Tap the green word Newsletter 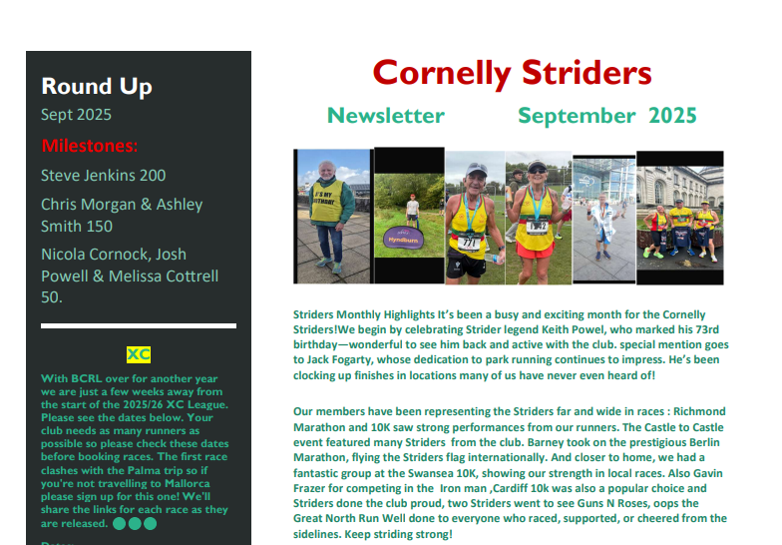[386, 116]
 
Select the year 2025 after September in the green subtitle [672, 116]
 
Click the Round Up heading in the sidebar [97, 86]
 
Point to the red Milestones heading [90, 147]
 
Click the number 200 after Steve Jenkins [153, 176]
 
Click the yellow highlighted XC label [139, 354]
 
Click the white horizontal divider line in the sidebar [139, 325]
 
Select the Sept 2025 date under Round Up [76, 115]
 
